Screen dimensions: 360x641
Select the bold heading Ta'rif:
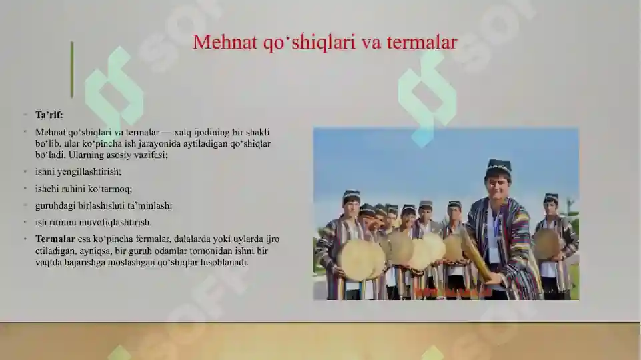click(49, 115)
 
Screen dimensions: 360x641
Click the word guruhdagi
click(56, 205)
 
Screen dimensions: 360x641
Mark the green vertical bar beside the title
click(72, 69)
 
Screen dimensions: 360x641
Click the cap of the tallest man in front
click(498, 165)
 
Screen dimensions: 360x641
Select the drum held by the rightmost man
click(546, 244)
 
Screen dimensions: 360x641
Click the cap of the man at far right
click(550, 197)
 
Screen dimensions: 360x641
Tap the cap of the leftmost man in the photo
click(352, 195)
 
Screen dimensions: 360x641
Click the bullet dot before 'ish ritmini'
click(25, 222)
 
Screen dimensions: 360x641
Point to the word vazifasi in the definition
click(149, 155)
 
